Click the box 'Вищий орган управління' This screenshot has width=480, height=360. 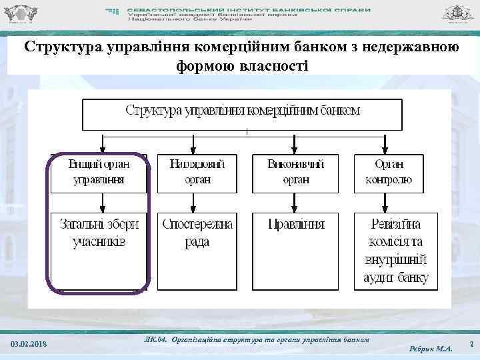[x=99, y=173]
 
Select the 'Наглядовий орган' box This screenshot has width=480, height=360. [x=197, y=173]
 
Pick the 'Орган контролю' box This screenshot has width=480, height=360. [x=389, y=173]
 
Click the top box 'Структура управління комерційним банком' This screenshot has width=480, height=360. [x=242, y=114]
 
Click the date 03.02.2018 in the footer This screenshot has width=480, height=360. [x=29, y=343]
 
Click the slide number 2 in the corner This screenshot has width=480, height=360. [x=471, y=343]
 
